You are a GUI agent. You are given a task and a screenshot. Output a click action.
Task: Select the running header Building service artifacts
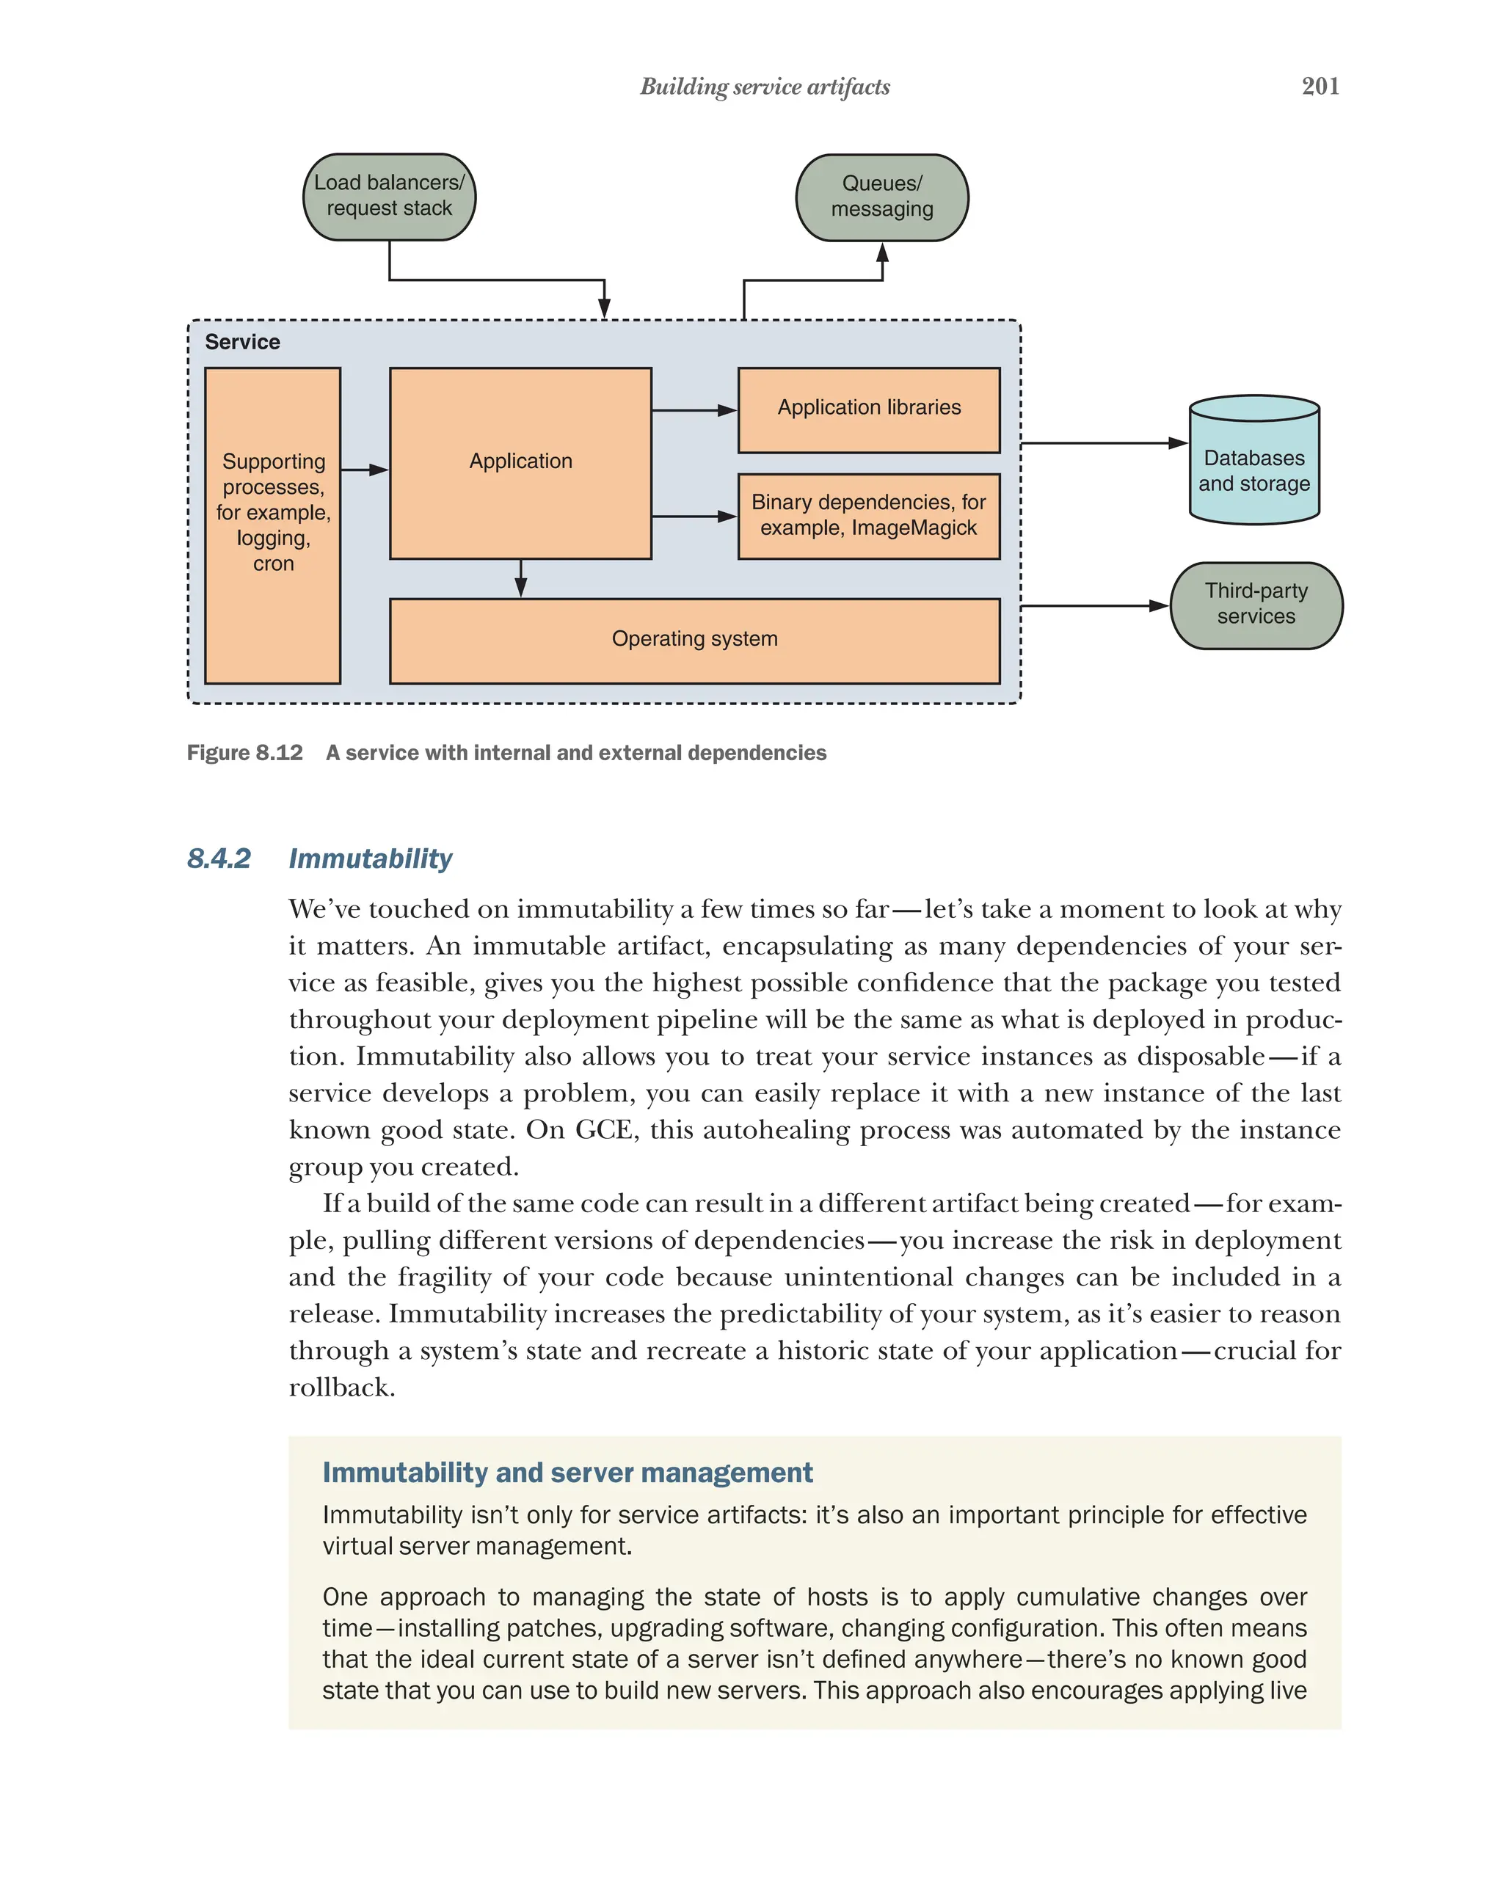pos(764,87)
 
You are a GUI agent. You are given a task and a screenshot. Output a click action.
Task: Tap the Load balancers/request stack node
pos(389,197)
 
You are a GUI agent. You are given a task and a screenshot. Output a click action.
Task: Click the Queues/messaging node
pos(881,197)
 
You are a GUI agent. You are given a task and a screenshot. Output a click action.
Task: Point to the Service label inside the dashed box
pos(242,342)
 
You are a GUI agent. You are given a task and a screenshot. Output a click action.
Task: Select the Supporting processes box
pos(273,525)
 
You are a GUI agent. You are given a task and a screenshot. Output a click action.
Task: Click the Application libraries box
pos(868,409)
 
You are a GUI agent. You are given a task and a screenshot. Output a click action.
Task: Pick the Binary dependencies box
pos(868,516)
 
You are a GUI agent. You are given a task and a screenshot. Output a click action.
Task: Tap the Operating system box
pos(694,640)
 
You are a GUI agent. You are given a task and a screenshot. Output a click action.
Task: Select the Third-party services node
pos(1256,605)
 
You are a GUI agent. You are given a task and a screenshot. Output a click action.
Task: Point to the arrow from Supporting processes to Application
pos(365,470)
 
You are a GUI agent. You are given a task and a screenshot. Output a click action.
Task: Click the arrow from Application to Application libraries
pos(694,410)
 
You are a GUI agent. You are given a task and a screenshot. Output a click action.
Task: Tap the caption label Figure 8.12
pos(245,753)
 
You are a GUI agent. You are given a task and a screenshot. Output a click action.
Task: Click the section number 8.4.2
pos(219,858)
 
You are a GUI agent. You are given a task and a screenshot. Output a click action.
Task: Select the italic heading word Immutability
pos(371,858)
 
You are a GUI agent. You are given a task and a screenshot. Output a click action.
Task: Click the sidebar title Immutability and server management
pos(567,1473)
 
